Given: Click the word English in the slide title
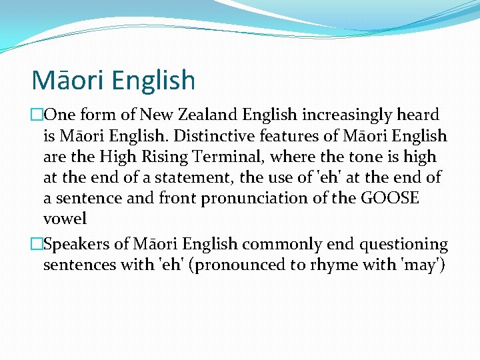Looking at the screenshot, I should click(x=154, y=81).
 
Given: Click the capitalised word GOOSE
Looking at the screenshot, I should click(x=391, y=198).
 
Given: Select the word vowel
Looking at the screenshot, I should click(x=65, y=219).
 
